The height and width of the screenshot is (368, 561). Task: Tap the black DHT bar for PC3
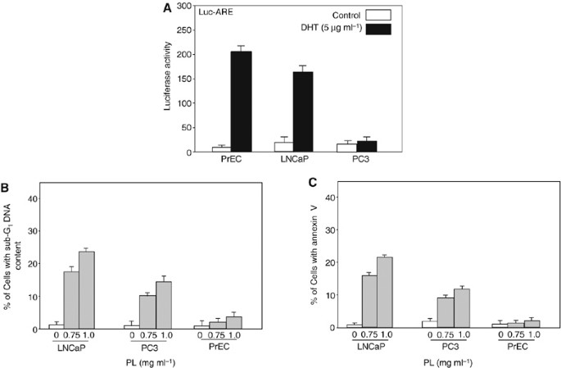click(x=365, y=147)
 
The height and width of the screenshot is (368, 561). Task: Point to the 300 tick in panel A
click(x=186, y=7)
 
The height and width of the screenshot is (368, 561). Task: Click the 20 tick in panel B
click(x=34, y=264)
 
